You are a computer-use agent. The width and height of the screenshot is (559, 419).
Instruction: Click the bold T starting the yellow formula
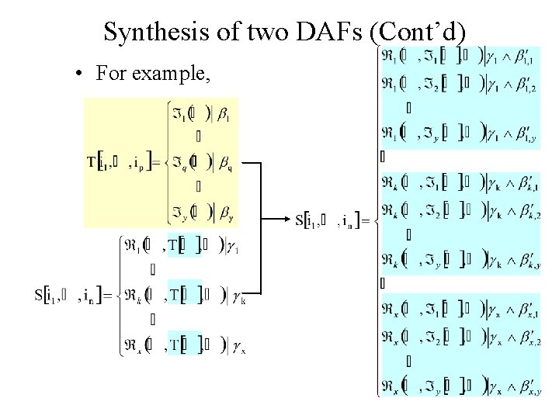92,163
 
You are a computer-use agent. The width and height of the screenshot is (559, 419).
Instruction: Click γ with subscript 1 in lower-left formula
234,249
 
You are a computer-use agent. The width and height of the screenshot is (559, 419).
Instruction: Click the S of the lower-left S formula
39,295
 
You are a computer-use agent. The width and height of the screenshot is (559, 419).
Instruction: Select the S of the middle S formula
300,219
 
